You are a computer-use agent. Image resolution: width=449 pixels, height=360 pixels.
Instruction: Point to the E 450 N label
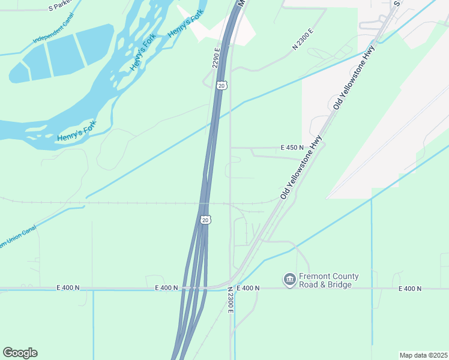292,148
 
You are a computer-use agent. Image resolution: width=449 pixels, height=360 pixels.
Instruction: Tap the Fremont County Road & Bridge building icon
289,279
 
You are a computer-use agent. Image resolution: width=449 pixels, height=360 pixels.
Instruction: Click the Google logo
20,353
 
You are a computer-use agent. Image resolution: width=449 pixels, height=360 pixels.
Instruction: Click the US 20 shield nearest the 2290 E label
221,86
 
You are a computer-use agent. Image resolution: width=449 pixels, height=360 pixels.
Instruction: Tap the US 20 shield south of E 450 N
205,220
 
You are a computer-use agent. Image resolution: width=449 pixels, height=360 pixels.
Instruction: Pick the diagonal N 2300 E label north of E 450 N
303,39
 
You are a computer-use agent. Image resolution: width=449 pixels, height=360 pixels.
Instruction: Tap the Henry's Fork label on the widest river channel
76,131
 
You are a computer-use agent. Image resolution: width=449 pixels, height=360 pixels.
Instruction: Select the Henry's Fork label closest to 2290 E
187,23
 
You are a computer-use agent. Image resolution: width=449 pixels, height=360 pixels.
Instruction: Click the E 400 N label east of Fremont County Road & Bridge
409,289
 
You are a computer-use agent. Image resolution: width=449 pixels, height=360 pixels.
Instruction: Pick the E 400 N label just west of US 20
166,288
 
